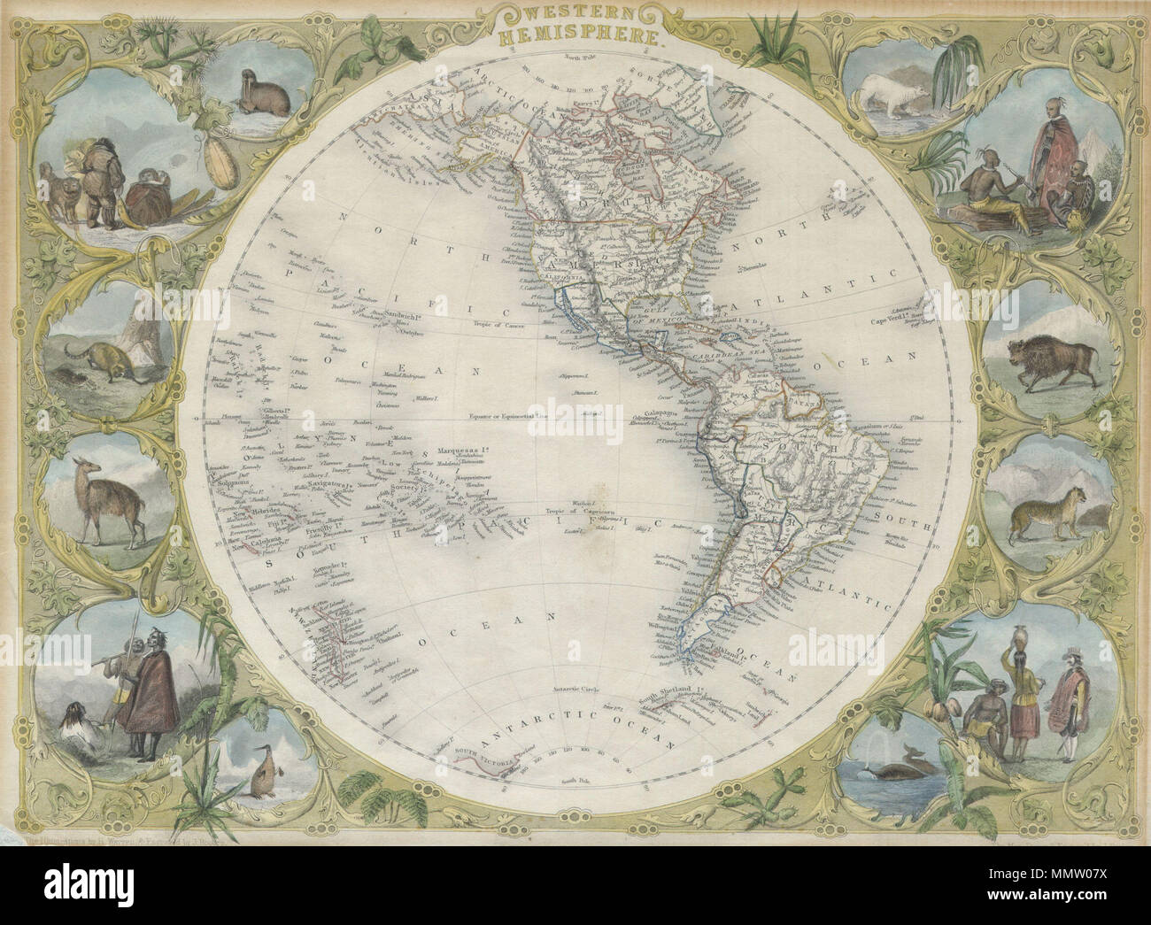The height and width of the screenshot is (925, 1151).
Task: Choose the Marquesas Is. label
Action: (458, 433)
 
